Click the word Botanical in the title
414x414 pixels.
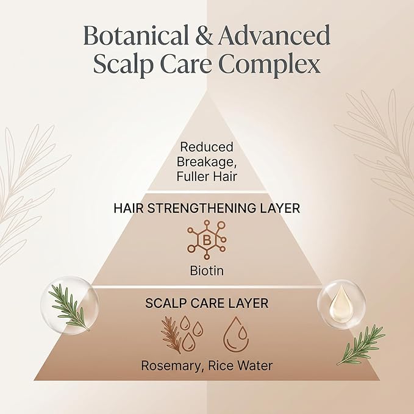(x=136, y=35)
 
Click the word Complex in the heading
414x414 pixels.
(x=269, y=64)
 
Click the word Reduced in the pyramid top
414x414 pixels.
(x=207, y=147)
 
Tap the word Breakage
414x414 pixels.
(x=207, y=162)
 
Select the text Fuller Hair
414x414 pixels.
(x=207, y=177)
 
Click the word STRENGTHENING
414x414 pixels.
(x=202, y=209)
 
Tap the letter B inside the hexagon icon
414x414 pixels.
(x=207, y=240)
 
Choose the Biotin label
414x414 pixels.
(x=207, y=271)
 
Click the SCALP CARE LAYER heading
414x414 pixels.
(x=207, y=304)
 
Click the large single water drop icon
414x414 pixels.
(x=236, y=334)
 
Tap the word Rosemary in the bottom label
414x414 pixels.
(x=171, y=366)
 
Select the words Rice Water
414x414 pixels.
(x=240, y=366)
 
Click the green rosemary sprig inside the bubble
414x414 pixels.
(x=69, y=307)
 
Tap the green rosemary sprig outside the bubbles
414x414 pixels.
(x=361, y=344)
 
